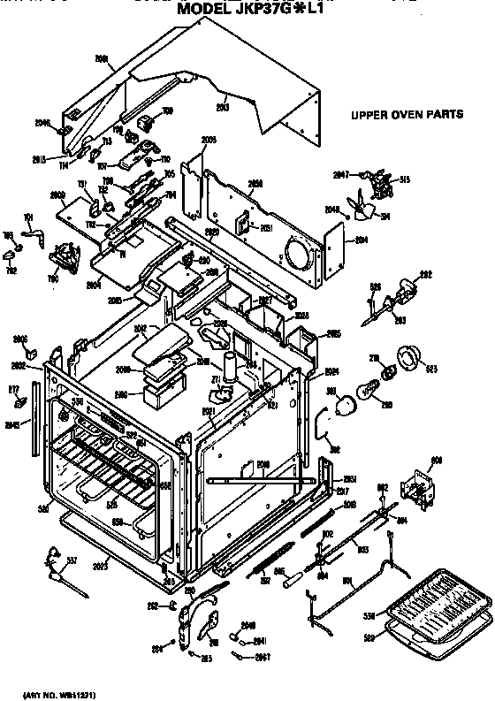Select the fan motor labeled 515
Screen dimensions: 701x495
pyautogui.click(x=382, y=185)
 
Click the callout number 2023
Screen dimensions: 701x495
pyautogui.click(x=100, y=563)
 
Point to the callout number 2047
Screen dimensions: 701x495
pyautogui.click(x=341, y=173)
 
